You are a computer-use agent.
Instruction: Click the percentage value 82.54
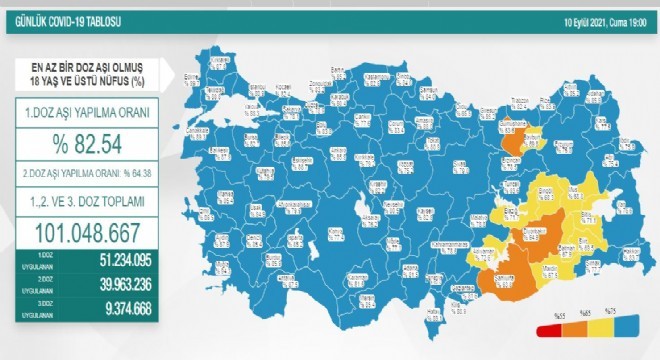click(x=88, y=147)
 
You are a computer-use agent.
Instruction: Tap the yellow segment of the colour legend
click(x=597, y=331)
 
